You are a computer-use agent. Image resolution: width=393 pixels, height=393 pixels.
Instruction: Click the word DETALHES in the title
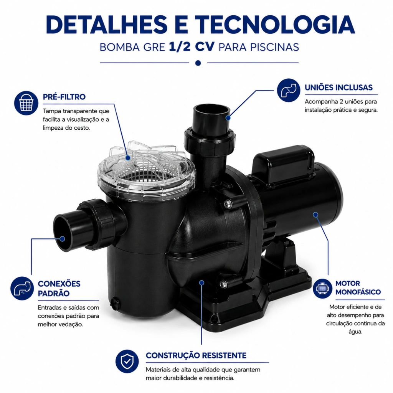coord(107,25)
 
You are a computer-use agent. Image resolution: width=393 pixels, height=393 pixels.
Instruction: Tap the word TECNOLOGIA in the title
coord(275,25)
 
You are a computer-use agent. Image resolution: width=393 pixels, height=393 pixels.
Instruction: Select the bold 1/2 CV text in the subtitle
coord(192,47)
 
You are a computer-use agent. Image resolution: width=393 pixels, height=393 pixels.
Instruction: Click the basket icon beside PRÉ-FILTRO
coord(26,103)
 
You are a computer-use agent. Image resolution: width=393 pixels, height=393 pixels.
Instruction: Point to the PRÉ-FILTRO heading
coord(64,97)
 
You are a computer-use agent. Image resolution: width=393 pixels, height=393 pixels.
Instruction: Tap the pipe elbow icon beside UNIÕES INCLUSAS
coord(289,90)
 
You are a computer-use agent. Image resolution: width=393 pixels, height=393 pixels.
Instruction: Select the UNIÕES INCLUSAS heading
coord(339,88)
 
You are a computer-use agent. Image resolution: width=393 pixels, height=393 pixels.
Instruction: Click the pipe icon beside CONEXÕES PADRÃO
coord(22,288)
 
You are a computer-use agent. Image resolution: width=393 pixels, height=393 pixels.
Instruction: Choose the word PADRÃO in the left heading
coord(54,293)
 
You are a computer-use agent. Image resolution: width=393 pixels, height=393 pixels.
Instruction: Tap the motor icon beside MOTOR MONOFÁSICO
coord(322,289)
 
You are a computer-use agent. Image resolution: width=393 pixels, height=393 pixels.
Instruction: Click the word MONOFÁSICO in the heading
coord(358,292)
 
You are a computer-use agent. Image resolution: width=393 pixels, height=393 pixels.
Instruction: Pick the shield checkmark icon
coord(127,361)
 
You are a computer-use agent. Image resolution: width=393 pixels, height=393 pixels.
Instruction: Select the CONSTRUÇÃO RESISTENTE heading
coord(196,355)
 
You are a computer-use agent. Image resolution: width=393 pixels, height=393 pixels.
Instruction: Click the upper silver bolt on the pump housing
coord(227,204)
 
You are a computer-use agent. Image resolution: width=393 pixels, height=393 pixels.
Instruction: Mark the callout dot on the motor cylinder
coord(315,215)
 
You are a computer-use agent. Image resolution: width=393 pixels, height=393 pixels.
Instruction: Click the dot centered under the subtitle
coord(198,63)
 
